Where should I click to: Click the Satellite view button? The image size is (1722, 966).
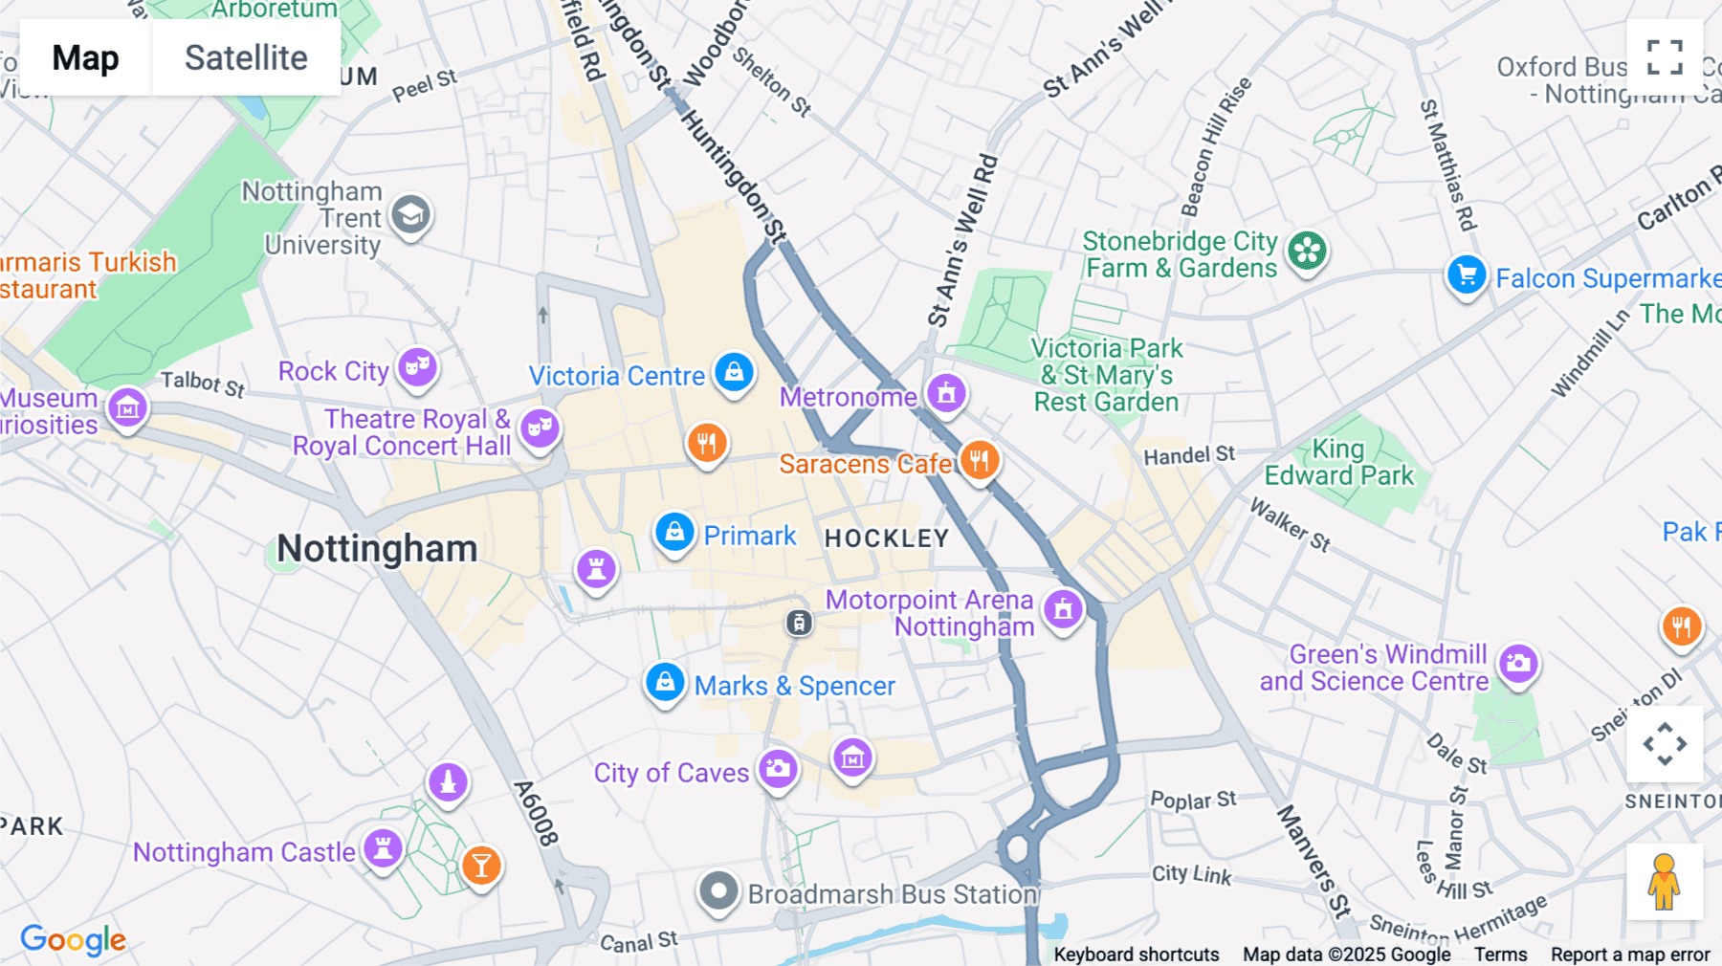click(x=246, y=57)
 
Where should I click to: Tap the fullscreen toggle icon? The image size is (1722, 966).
click(x=1665, y=57)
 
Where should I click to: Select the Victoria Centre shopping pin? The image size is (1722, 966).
click(x=734, y=372)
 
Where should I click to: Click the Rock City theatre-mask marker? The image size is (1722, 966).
click(x=417, y=366)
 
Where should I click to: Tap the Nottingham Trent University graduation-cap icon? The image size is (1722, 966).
click(x=411, y=215)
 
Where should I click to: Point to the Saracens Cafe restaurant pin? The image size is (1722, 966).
click(x=979, y=461)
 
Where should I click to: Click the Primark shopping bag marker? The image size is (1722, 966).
click(x=674, y=532)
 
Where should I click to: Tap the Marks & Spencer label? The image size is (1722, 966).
click(x=794, y=686)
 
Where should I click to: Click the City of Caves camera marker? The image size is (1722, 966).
click(x=779, y=768)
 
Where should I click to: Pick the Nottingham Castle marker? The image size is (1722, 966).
click(x=383, y=847)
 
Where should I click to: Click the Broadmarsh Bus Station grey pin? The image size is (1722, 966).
click(x=718, y=891)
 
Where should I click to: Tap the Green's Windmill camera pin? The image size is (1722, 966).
click(x=1518, y=663)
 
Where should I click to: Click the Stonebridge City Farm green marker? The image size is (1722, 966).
click(x=1307, y=252)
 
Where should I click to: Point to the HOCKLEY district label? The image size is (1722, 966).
click(x=886, y=538)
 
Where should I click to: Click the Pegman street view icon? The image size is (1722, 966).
click(x=1665, y=882)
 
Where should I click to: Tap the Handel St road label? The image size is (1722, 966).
click(x=1189, y=455)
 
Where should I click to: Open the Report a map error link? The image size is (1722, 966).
click(x=1630, y=955)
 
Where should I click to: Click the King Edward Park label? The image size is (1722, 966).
click(x=1338, y=462)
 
